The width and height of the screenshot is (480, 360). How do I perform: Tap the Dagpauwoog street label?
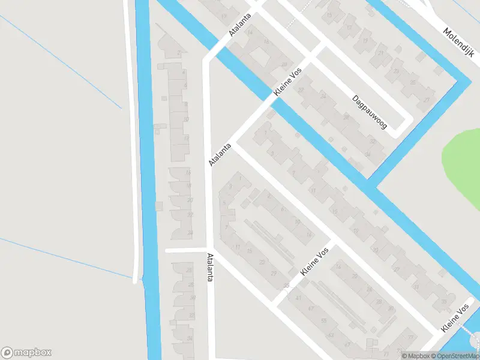pyautogui.click(x=370, y=113)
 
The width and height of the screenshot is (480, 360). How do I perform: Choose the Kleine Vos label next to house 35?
pyautogui.click(x=314, y=262)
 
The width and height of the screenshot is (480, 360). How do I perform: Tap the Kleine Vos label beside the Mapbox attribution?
pyautogui.click(x=454, y=319)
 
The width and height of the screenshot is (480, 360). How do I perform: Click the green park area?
pyautogui.click(x=464, y=159)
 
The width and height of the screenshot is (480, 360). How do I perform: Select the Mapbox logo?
pyautogui.click(x=26, y=353)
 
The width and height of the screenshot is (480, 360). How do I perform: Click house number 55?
pyautogui.click(x=323, y=321)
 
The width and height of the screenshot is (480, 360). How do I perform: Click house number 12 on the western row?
pyautogui.click(x=186, y=139)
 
